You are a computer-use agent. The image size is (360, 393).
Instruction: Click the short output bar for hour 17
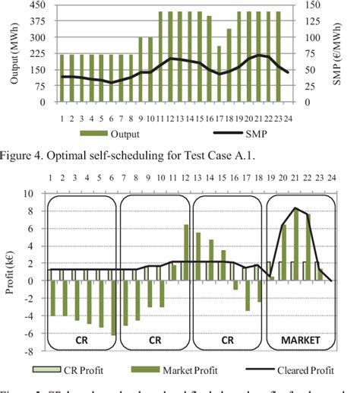coord(220,74)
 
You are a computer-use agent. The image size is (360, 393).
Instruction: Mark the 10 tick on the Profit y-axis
coord(29,193)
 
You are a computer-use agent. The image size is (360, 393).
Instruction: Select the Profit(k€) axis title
coord(9,272)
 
